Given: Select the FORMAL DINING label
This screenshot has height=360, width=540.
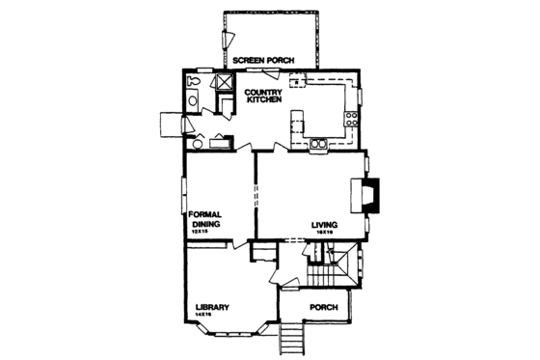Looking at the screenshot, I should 205,218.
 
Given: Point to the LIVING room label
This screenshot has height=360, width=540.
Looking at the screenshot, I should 323,226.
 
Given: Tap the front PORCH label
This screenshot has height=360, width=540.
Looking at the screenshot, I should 323,308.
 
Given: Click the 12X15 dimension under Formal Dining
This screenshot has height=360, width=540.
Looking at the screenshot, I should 201,232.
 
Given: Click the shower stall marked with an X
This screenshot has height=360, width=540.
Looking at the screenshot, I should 222,82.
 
